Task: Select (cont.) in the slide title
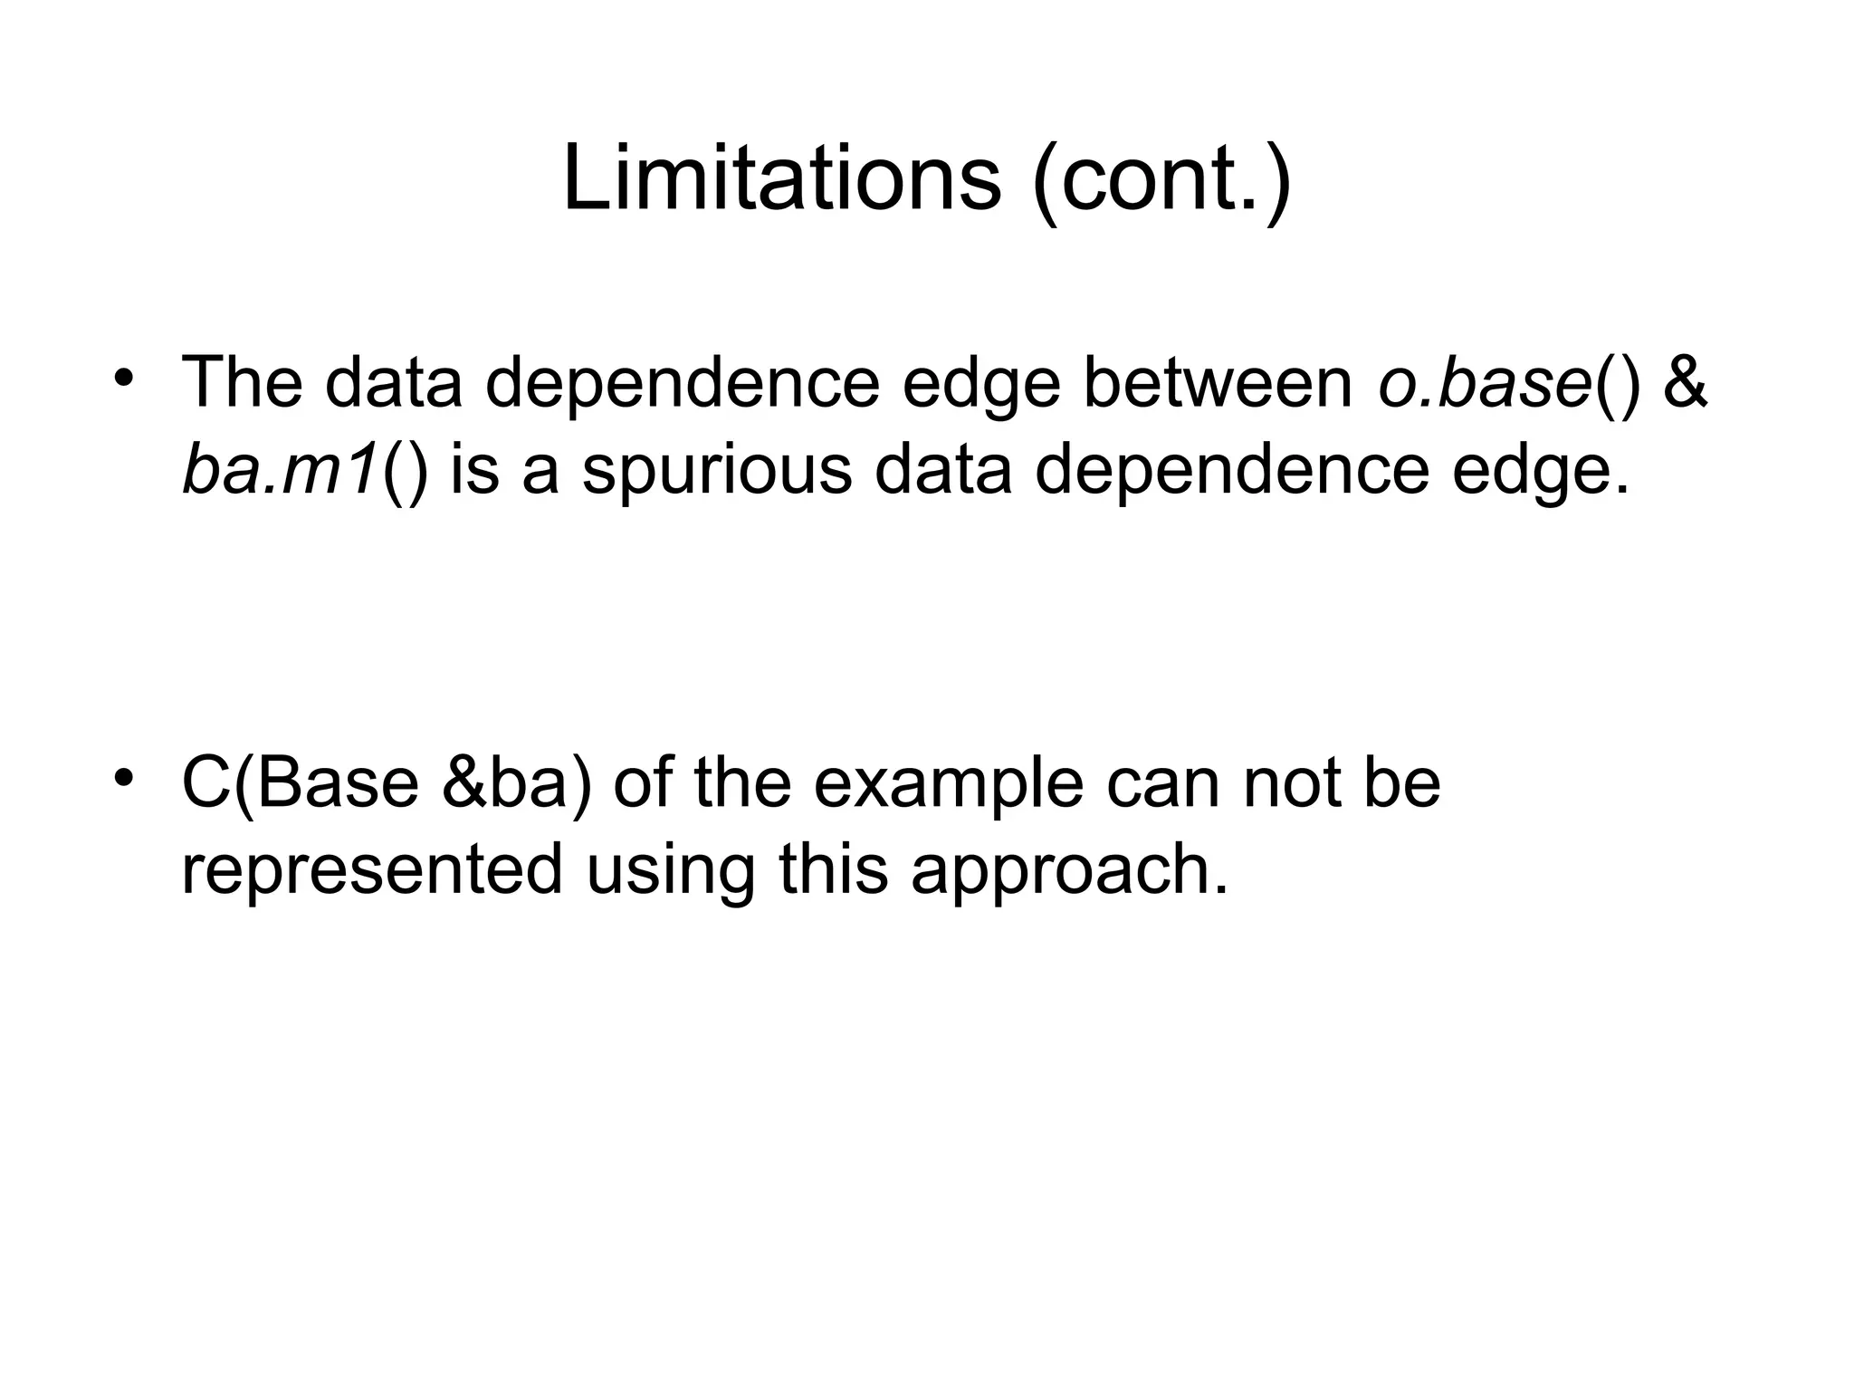coord(1161,178)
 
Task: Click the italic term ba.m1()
coord(304,470)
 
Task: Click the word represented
coord(372,869)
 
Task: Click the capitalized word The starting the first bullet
coord(242,382)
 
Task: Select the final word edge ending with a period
coord(1540,472)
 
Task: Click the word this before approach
coord(833,869)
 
